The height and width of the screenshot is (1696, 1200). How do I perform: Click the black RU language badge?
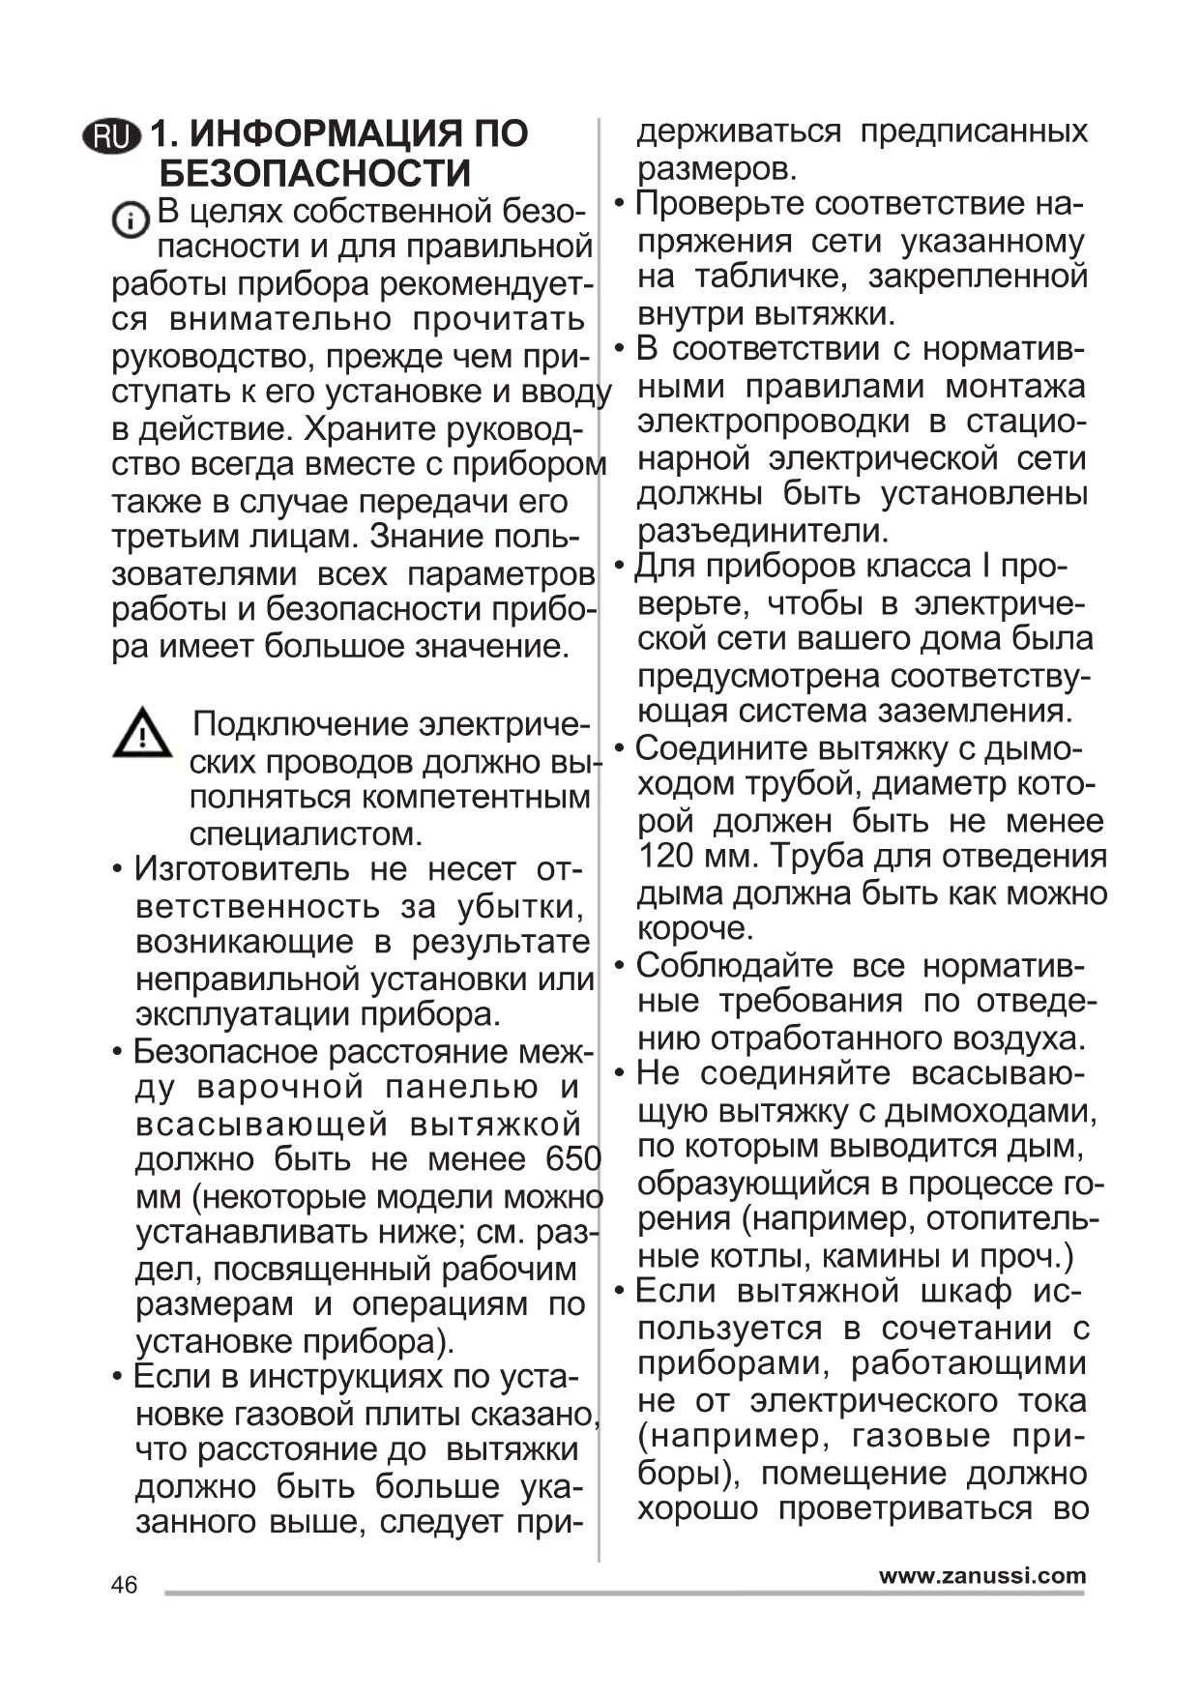pyautogui.click(x=112, y=137)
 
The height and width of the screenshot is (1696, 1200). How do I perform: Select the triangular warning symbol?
pyautogui.click(x=142, y=733)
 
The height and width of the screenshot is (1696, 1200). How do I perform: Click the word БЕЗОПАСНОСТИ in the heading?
pyautogui.click(x=314, y=174)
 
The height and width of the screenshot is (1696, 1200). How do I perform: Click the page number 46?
pyautogui.click(x=125, y=1585)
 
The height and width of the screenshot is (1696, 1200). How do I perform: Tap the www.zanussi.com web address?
pyautogui.click(x=982, y=1576)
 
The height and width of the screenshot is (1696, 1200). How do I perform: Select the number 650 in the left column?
pyautogui.click(x=573, y=1158)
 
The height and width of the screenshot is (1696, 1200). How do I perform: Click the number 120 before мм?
pyautogui.click(x=665, y=857)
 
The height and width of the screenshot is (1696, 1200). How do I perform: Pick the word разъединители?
pyautogui.click(x=762, y=531)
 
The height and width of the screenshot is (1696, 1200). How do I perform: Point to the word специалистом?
pyautogui.click(x=306, y=833)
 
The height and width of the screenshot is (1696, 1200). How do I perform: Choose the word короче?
pyautogui.click(x=694, y=929)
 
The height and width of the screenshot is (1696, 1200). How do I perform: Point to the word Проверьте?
pyautogui.click(x=720, y=204)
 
